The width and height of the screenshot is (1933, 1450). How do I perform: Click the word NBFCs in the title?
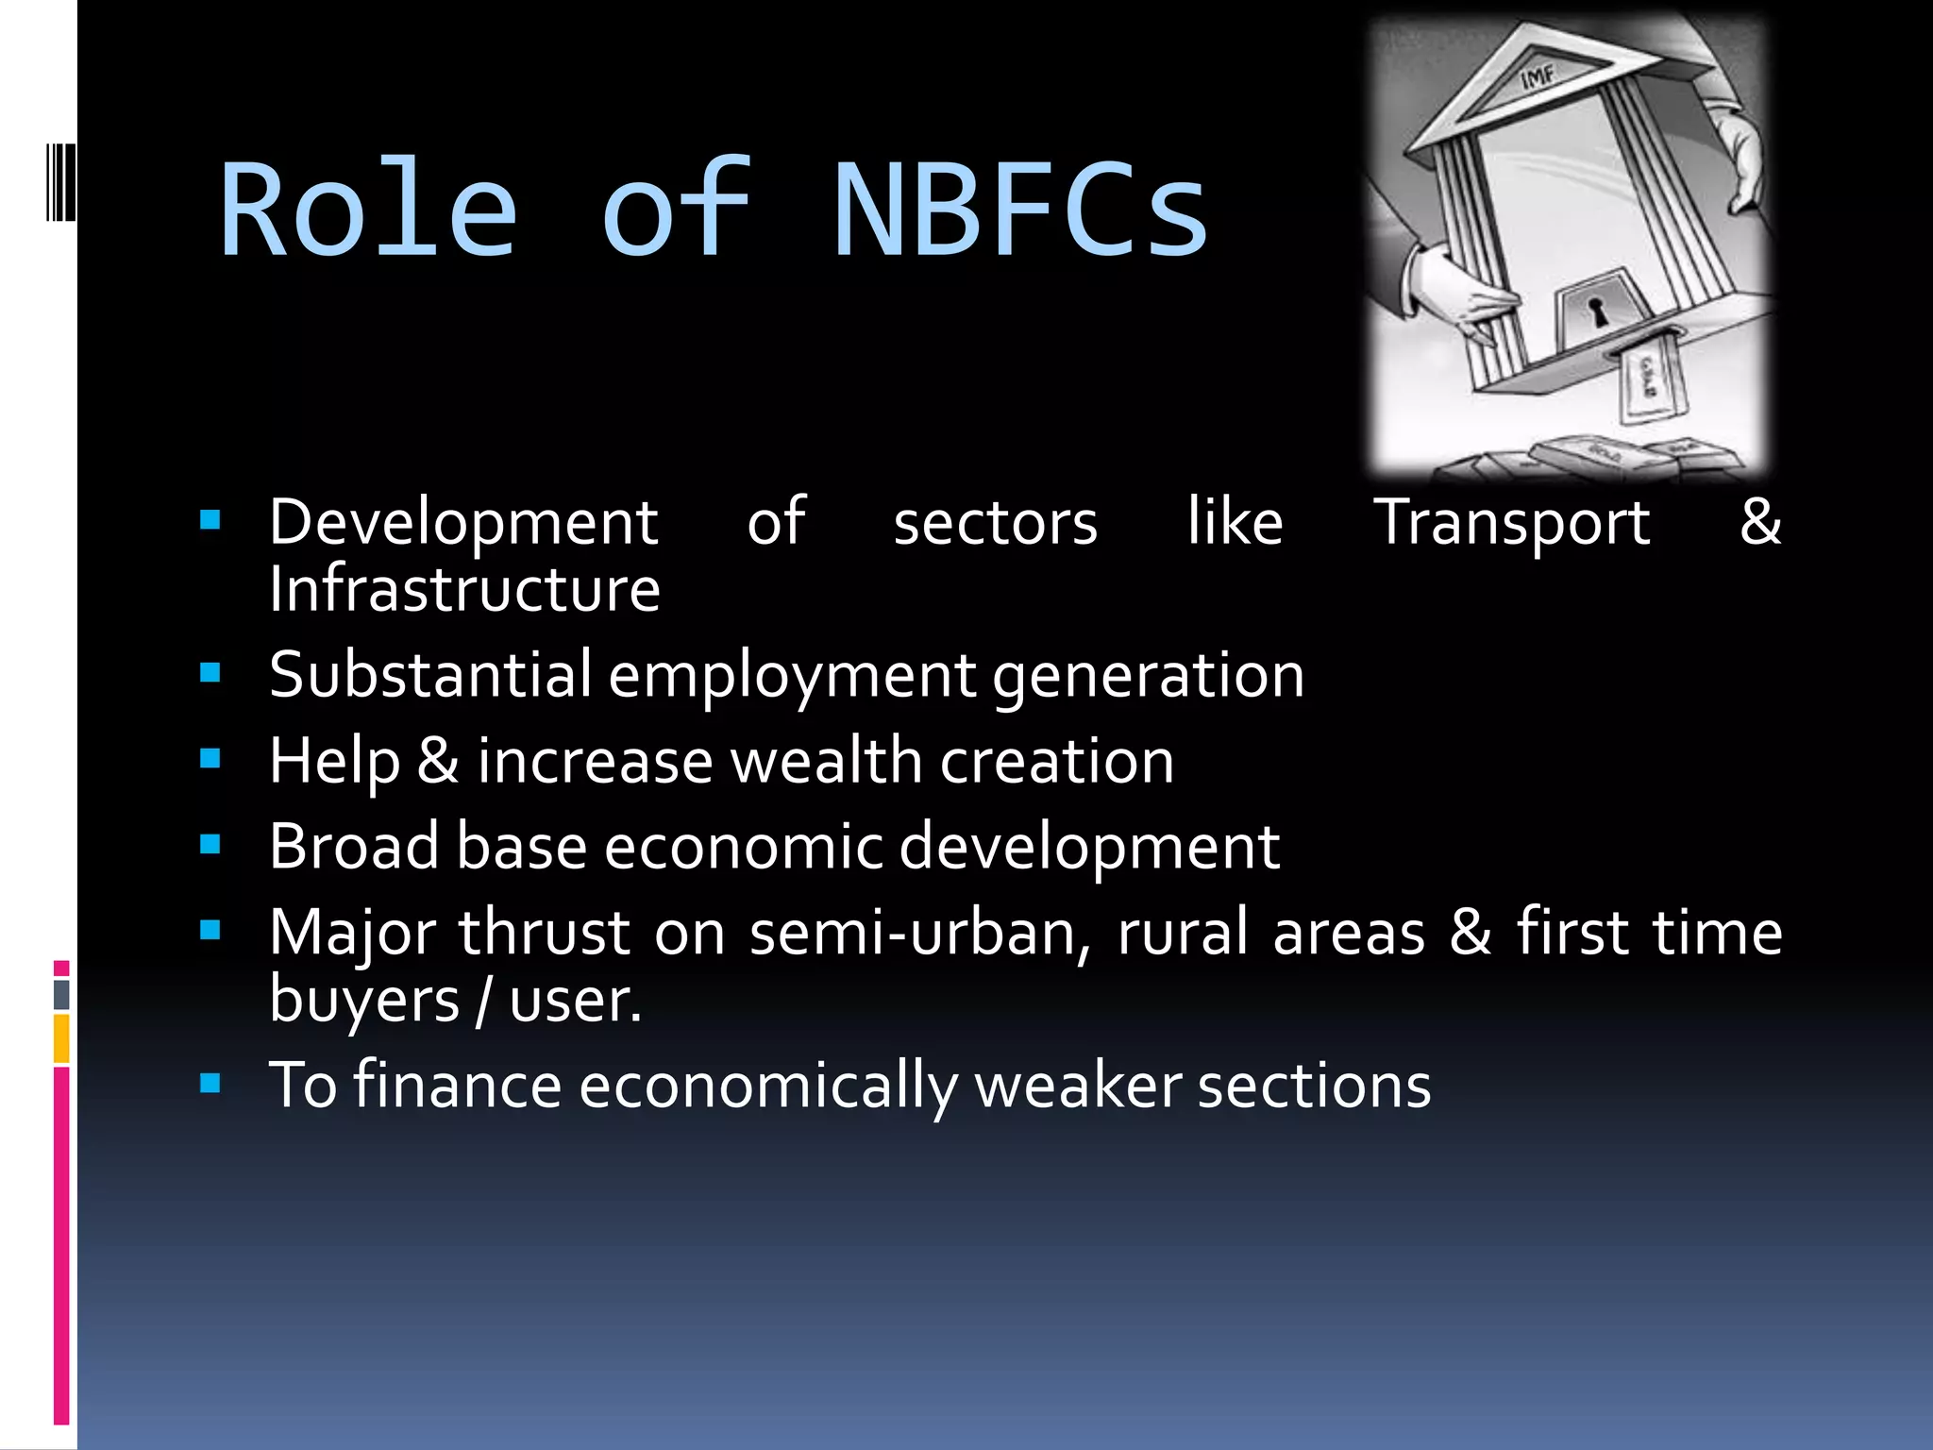1020,210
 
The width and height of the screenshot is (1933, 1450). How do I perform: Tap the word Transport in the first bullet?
1511,522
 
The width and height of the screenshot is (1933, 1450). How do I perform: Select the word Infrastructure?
464,589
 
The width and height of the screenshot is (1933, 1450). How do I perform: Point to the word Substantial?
430,675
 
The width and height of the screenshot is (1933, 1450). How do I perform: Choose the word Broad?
354,846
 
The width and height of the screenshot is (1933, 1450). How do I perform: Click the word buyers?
363,1001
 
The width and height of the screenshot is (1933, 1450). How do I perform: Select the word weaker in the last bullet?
1077,1086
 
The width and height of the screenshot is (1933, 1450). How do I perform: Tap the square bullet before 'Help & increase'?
210,759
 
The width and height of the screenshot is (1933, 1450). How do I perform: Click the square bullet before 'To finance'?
210,1083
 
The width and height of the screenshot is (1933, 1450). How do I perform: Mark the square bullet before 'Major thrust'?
210,931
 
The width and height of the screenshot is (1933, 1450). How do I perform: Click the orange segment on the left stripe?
61,1038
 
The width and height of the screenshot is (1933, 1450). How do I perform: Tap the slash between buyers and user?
483,1001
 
